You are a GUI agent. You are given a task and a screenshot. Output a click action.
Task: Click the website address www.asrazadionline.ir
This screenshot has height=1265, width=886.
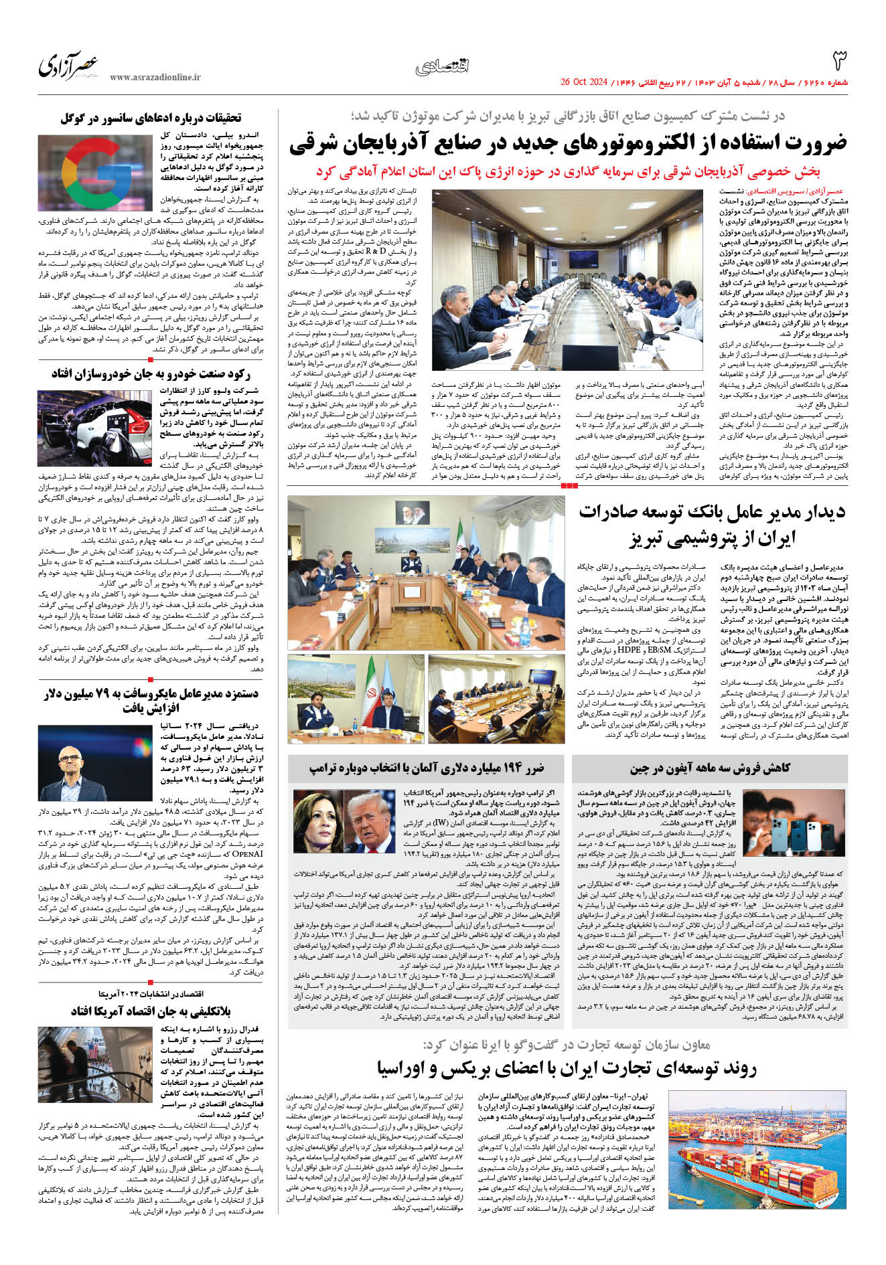[x=155, y=78]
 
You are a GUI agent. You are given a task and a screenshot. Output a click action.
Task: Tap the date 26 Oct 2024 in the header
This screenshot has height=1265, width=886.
[x=583, y=82]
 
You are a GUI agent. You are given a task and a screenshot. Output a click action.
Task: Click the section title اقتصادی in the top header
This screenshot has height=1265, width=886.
[x=443, y=66]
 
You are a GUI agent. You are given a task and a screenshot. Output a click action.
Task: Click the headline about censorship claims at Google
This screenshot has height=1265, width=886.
[x=151, y=118]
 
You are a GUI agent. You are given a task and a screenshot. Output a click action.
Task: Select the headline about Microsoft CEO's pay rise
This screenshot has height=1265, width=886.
[x=151, y=700]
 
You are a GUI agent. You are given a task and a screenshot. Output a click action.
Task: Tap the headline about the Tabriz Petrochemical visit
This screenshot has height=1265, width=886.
[x=712, y=524]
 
